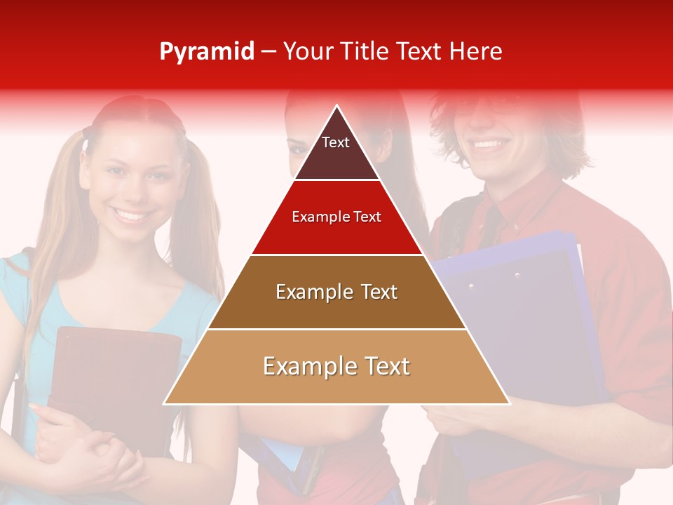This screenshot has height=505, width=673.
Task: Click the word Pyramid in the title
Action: (x=207, y=52)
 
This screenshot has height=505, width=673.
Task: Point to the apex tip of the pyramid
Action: (x=336, y=107)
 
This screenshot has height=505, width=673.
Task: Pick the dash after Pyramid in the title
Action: (x=268, y=52)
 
